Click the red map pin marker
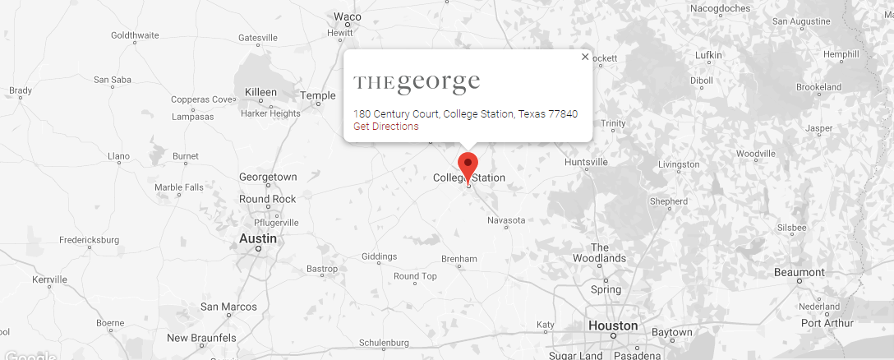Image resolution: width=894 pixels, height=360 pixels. pyautogui.click(x=468, y=164)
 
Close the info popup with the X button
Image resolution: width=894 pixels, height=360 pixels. pyautogui.click(x=585, y=57)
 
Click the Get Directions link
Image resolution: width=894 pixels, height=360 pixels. pyautogui.click(x=385, y=127)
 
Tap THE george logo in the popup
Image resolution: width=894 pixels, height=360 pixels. pyautogui.click(x=417, y=83)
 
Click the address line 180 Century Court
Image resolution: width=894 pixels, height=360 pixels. pyautogui.click(x=465, y=113)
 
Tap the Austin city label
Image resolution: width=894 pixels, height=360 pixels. pyautogui.click(x=257, y=238)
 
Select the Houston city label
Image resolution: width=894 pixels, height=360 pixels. pyautogui.click(x=613, y=325)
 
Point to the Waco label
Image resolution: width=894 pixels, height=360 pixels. pyautogui.click(x=347, y=16)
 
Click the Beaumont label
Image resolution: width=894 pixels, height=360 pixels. pyautogui.click(x=799, y=272)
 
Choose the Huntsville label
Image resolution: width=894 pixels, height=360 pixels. pyautogui.click(x=586, y=162)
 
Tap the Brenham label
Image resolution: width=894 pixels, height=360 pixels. pyautogui.click(x=459, y=259)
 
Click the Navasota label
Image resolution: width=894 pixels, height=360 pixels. pyautogui.click(x=505, y=220)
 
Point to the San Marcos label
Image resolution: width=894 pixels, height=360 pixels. pyautogui.click(x=228, y=307)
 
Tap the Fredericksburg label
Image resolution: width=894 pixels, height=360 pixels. pyautogui.click(x=89, y=240)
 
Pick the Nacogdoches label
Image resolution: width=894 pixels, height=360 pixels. pyautogui.click(x=720, y=8)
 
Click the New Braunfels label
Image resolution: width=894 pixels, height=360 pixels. pyautogui.click(x=201, y=338)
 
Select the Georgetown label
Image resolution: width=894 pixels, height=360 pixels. pyautogui.click(x=268, y=177)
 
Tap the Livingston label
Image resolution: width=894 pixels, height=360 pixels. pyautogui.click(x=678, y=164)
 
